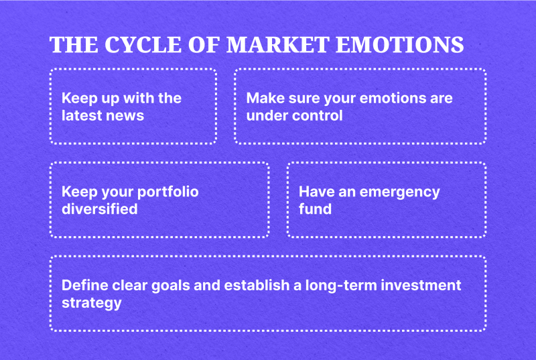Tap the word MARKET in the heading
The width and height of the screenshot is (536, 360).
pyautogui.click(x=278, y=45)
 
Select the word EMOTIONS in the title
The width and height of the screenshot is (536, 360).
pyautogui.click(x=399, y=45)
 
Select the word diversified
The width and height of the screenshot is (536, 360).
pyautogui.click(x=99, y=208)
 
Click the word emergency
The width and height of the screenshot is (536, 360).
pyautogui.click(x=399, y=192)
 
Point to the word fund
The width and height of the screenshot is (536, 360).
pyautogui.click(x=315, y=208)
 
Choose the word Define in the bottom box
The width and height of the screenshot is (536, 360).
pyautogui.click(x=85, y=285)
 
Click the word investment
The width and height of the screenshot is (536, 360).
pyautogui.click(x=421, y=285)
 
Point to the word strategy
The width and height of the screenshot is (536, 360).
pyautogui.click(x=92, y=303)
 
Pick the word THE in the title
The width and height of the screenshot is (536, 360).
pyautogui.click(x=74, y=45)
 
